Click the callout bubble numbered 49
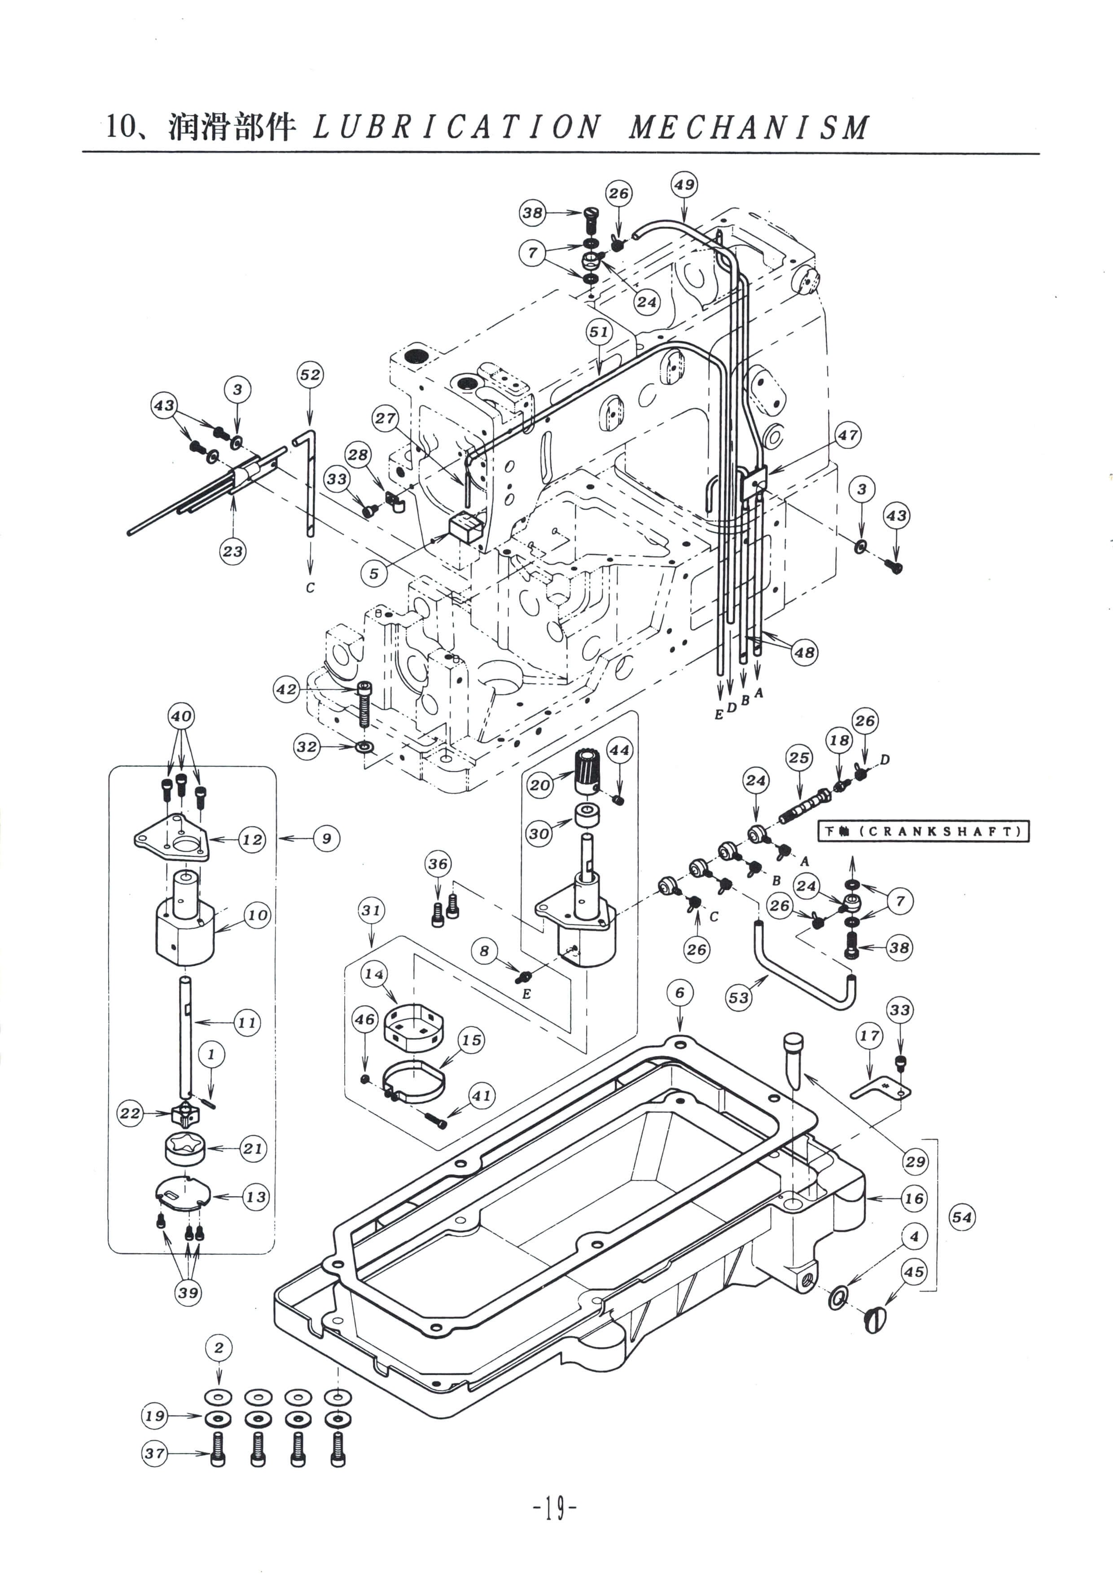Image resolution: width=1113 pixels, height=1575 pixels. point(684,185)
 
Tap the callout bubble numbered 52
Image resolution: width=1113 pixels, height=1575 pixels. point(310,374)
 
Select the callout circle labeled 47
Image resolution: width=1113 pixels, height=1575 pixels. point(848,435)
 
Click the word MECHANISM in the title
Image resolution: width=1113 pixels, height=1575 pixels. point(749,128)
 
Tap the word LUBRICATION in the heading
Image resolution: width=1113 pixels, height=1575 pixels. point(457,128)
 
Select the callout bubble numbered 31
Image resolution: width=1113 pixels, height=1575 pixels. point(371,910)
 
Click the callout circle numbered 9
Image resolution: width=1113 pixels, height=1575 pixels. point(326,838)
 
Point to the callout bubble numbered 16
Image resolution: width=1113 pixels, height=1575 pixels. point(914,1198)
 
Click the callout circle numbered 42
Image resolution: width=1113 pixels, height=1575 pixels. point(287,690)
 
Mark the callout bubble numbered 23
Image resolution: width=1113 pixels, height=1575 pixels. point(232,551)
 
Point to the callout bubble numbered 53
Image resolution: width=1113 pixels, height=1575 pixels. point(739,998)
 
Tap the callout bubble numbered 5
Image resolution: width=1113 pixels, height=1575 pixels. point(374,573)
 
